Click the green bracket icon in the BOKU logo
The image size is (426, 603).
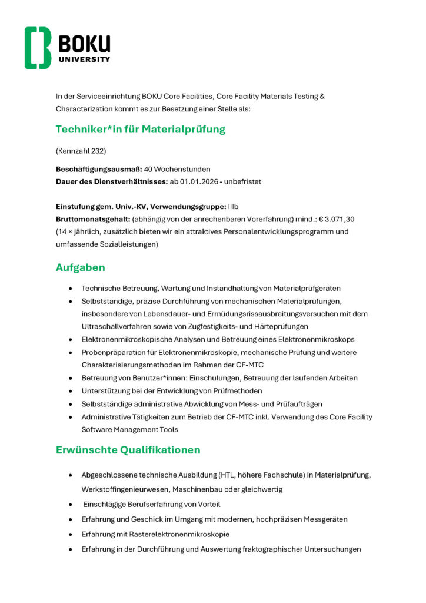pos(38,48)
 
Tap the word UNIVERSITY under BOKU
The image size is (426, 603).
pos(84,59)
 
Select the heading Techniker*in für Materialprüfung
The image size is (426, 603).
pos(141,129)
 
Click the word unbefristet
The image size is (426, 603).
pos(242,181)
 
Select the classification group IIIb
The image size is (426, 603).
pos(233,206)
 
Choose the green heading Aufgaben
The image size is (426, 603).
pos(81,267)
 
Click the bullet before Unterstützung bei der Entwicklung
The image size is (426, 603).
pos(71,391)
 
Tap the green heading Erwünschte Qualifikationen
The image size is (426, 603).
pos(128,450)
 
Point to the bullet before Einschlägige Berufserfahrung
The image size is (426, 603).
pos(71,505)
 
